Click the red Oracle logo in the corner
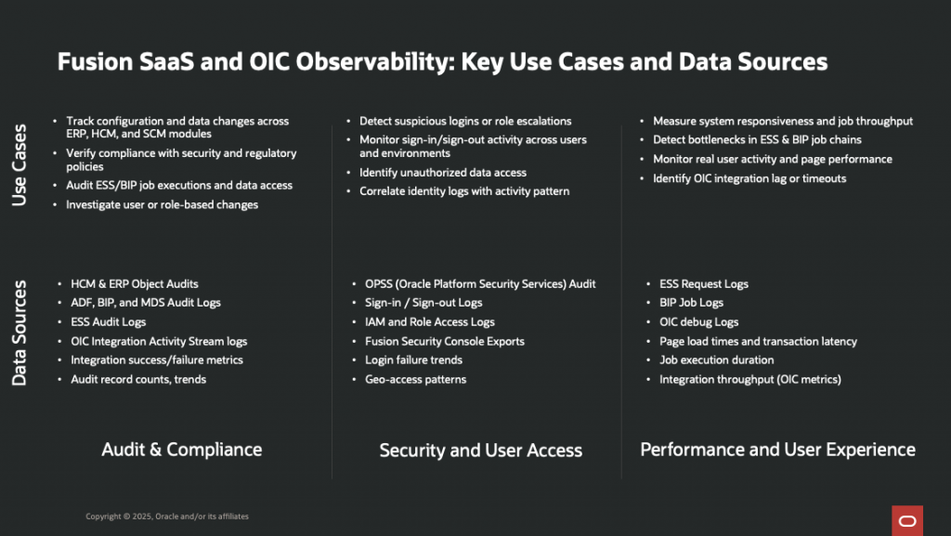(x=906, y=520)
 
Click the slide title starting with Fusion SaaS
(x=442, y=62)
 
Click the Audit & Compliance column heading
(x=181, y=450)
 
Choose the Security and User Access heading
(x=480, y=451)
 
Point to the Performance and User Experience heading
(x=777, y=450)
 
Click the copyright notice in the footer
(x=167, y=516)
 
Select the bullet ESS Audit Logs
(x=109, y=322)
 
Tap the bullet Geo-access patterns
(x=415, y=379)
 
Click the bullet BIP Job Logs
(x=691, y=303)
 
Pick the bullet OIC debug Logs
(x=698, y=322)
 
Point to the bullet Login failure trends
(x=413, y=360)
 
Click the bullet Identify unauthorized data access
(x=443, y=173)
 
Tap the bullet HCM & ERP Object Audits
(x=135, y=284)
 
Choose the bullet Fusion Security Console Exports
(x=445, y=341)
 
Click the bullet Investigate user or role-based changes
(x=162, y=204)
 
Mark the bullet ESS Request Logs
(x=703, y=284)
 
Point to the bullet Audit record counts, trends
(x=138, y=379)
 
